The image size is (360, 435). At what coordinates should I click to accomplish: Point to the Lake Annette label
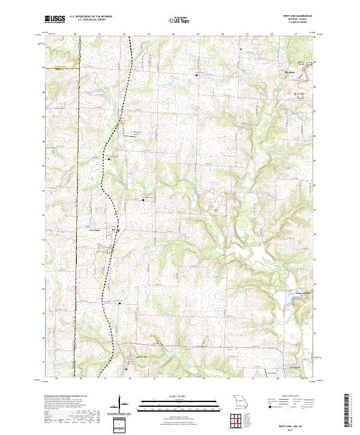pyautogui.click(x=290, y=293)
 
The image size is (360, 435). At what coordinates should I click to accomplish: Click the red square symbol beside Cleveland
pyautogui.click(x=118, y=230)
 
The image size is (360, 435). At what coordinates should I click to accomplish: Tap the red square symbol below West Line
pyautogui.click(x=127, y=370)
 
